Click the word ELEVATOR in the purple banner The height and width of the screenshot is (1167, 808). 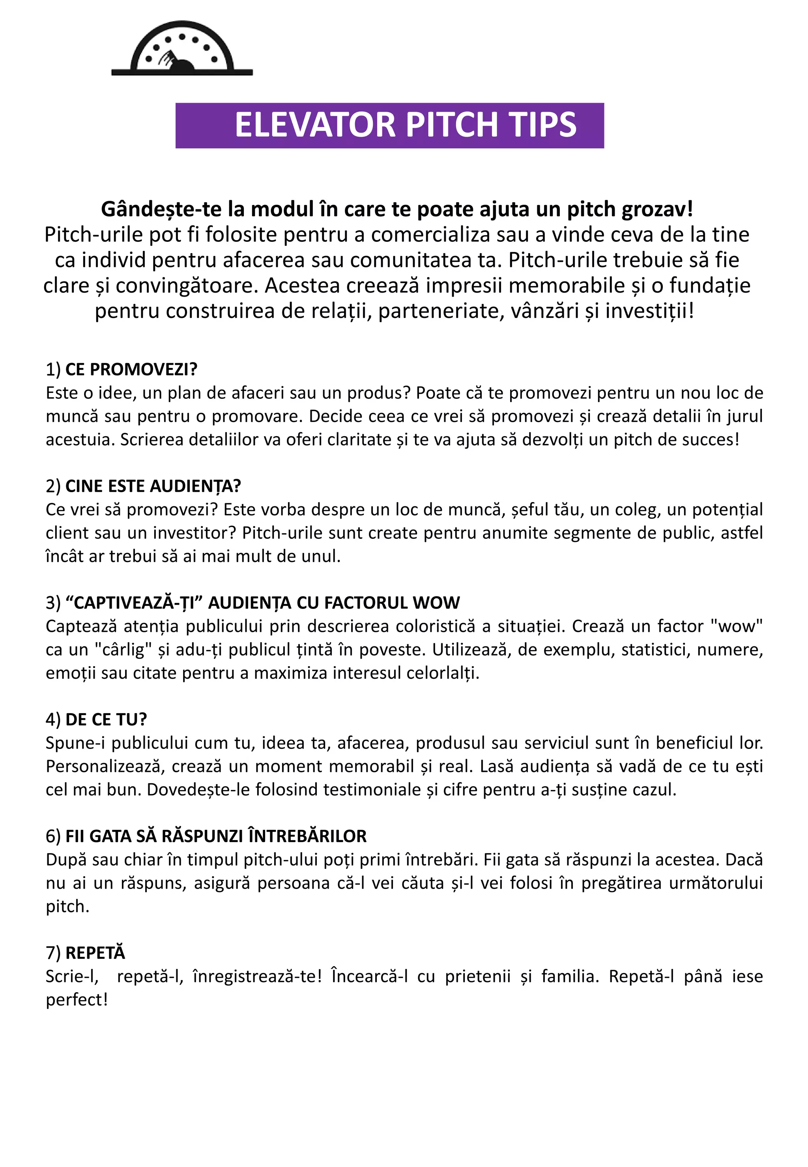[314, 125]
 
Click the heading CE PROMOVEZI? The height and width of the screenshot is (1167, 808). [131, 370]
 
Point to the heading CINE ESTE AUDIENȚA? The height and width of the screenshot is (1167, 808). [153, 486]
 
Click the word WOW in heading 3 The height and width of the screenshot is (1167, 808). [436, 603]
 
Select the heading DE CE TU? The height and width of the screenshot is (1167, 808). [106, 720]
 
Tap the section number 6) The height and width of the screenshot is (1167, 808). [53, 837]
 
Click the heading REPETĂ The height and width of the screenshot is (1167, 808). [95, 953]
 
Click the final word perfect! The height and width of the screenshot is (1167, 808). [77, 1000]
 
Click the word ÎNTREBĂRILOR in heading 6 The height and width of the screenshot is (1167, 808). [307, 837]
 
